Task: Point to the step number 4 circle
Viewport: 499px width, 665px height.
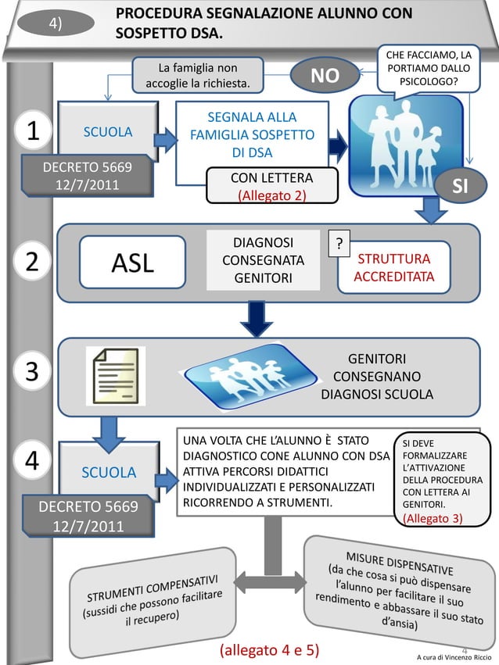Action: [32, 460]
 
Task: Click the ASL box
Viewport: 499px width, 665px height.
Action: [132, 263]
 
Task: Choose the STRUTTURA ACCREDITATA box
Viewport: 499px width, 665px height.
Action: [394, 268]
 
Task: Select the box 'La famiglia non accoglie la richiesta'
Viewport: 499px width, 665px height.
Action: [197, 75]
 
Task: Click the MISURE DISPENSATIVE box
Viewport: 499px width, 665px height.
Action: [399, 585]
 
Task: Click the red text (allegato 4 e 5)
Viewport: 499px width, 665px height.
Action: [269, 649]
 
